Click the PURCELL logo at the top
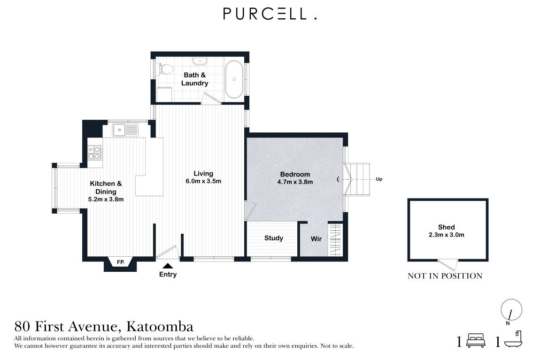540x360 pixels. [x=270, y=15]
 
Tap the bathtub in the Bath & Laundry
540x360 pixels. [x=233, y=79]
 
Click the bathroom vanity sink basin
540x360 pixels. [x=201, y=61]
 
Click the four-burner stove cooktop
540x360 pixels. [x=95, y=153]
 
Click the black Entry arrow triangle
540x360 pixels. [x=168, y=266]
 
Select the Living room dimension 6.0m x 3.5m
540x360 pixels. [x=203, y=181]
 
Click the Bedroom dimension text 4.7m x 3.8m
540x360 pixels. [x=295, y=182]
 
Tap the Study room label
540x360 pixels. [x=273, y=238]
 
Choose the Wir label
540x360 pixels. [x=316, y=239]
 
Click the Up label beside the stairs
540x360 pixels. [x=379, y=179]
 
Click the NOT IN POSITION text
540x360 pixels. [x=445, y=276]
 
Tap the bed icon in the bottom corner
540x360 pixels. [x=474, y=341]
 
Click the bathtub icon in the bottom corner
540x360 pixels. [x=514, y=340]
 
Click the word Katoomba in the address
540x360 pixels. [x=160, y=326]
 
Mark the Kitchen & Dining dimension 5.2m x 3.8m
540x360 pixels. [x=106, y=199]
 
